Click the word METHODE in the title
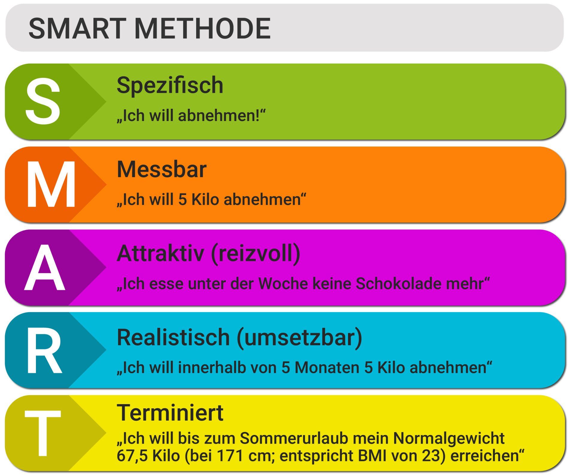click(x=202, y=29)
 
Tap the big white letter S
click(x=43, y=101)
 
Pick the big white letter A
click(x=45, y=268)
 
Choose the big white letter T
click(x=43, y=433)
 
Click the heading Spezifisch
click(x=170, y=85)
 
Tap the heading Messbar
click(x=161, y=170)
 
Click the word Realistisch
click(x=173, y=337)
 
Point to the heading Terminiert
click(x=170, y=413)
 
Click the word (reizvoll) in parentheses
click(x=255, y=253)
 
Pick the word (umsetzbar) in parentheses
click(x=299, y=337)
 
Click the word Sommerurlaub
click(x=294, y=438)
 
